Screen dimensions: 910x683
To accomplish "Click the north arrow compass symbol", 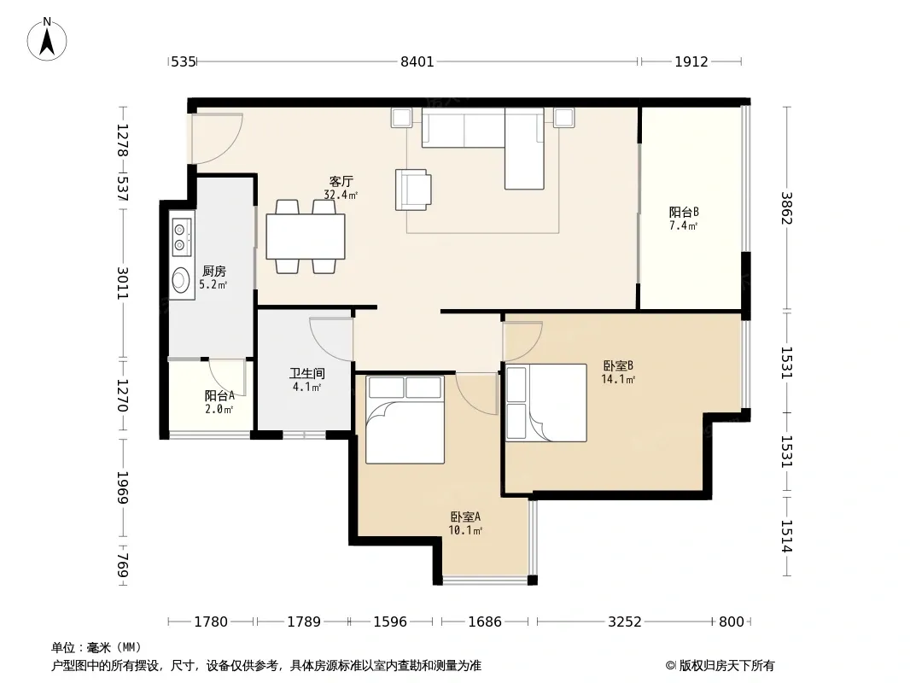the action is (47, 39).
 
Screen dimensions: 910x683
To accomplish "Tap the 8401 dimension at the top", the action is (417, 61).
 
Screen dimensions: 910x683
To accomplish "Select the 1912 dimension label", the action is (691, 61).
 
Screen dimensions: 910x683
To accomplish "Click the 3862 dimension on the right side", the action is (786, 207).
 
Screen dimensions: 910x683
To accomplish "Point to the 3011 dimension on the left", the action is (122, 283).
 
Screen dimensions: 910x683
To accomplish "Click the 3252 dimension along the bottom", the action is (625, 622).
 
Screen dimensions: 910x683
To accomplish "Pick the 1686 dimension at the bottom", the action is (485, 622).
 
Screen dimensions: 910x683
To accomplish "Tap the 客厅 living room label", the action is (341, 182).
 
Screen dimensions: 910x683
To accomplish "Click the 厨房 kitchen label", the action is (214, 271).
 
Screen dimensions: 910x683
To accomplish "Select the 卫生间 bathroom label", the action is (307, 374).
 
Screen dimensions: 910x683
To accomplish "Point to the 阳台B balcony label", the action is (684, 213).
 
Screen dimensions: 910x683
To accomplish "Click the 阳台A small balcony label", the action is (219, 396).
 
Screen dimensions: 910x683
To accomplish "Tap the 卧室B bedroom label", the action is (618, 365).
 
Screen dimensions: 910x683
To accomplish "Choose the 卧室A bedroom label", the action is (465, 517).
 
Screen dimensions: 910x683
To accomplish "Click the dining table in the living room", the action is (306, 236).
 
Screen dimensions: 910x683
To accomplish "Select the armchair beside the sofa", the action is (413, 190).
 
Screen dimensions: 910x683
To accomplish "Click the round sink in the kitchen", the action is (182, 280).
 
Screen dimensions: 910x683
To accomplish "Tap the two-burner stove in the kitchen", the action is (182, 237).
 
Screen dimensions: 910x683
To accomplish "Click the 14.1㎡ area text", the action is (618, 380).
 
